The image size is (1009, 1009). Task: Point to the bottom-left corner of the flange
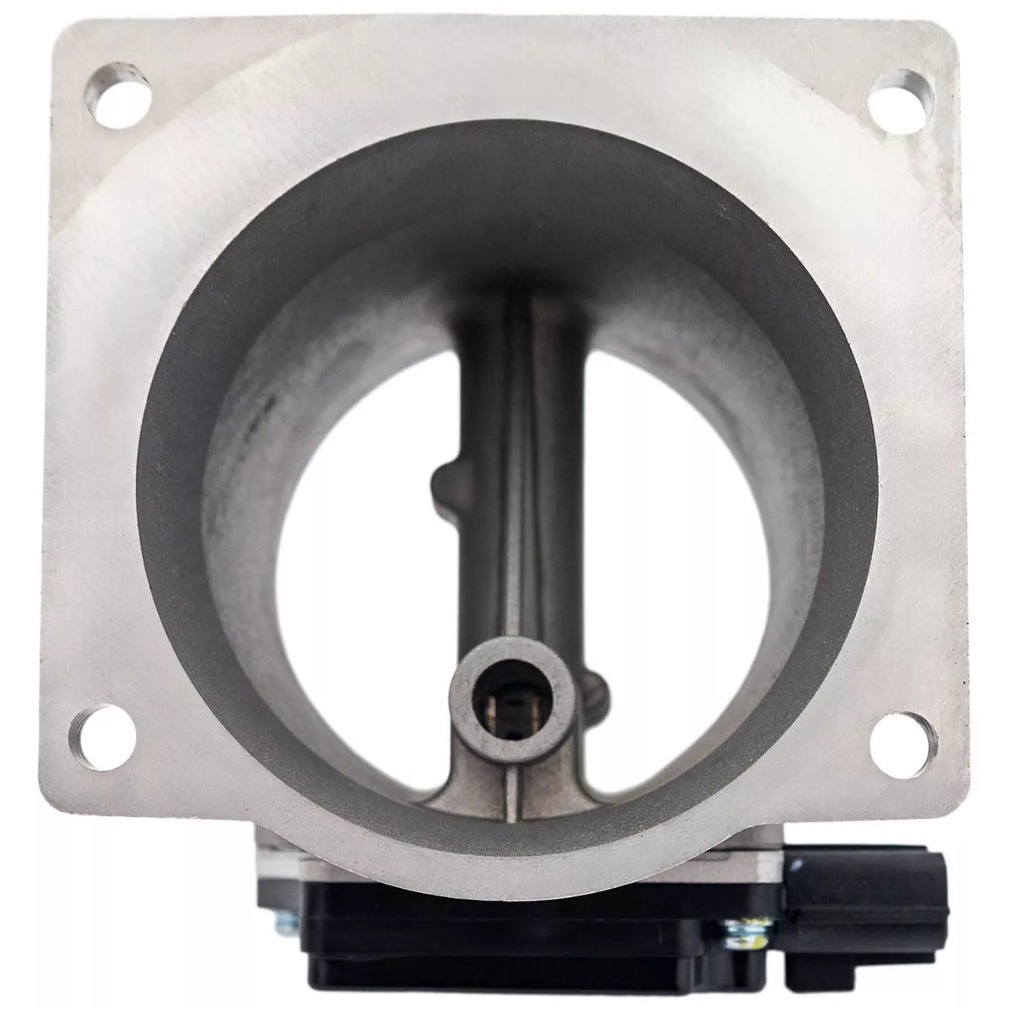(x=50, y=811)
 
